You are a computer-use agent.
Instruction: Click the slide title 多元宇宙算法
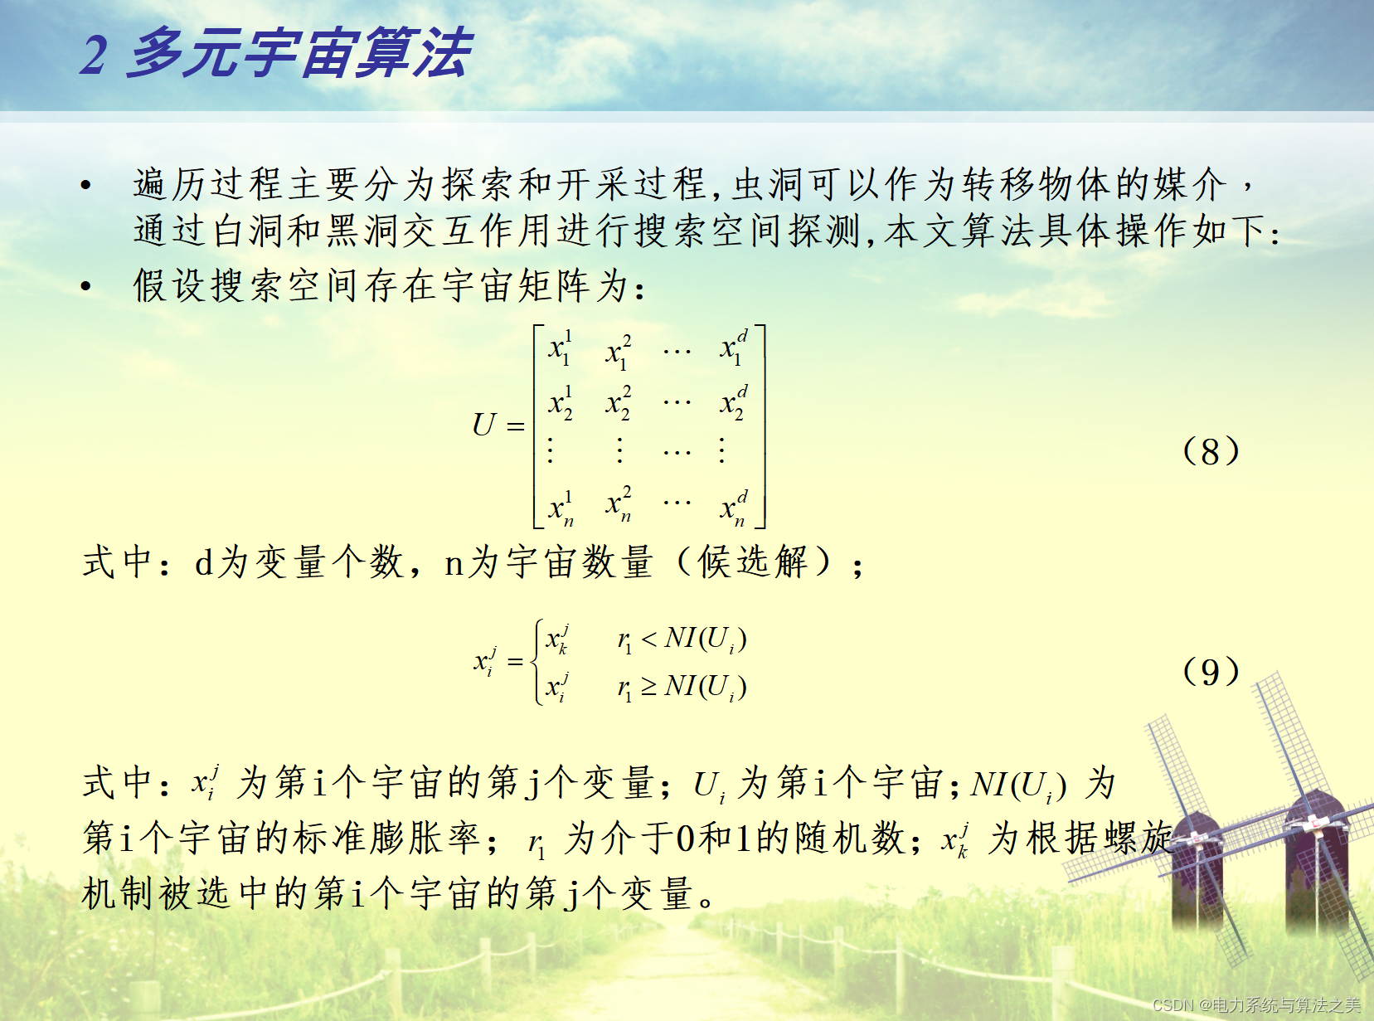tap(300, 53)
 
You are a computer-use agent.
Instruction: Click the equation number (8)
tap(1211, 450)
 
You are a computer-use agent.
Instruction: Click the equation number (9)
tap(1211, 671)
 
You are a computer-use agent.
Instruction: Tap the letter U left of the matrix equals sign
tap(483, 425)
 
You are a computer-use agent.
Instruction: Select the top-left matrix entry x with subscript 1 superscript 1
tap(560, 348)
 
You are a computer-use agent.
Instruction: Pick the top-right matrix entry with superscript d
tap(734, 348)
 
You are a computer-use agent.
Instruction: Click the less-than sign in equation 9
tap(649, 639)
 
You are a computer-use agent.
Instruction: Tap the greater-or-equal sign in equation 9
tap(649, 687)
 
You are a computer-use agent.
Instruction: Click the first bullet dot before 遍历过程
tap(86, 185)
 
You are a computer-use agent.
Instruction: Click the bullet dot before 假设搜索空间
tap(86, 286)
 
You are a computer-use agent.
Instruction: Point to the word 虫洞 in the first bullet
tap(768, 185)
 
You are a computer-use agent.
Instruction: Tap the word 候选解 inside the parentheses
tap(752, 562)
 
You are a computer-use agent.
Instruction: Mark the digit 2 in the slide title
tap(95, 55)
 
